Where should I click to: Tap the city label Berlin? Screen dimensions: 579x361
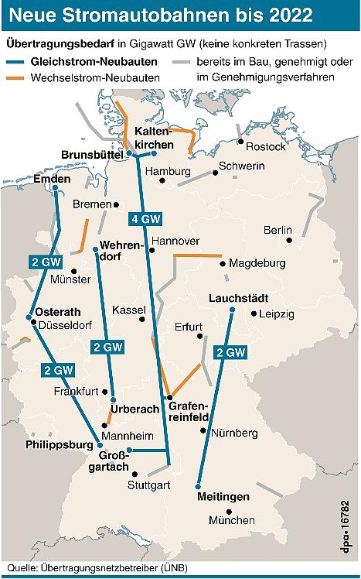click(278, 230)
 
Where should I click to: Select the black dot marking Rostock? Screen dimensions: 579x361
click(241, 142)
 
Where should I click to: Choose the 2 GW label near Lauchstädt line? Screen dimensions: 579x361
click(230, 353)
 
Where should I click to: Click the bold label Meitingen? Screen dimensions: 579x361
click(223, 495)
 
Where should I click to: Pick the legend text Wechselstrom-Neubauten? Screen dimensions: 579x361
click(95, 77)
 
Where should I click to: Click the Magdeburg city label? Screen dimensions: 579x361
click(257, 263)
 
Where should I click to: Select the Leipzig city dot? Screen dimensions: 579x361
click(254, 313)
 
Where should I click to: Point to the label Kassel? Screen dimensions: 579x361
click(128, 310)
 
